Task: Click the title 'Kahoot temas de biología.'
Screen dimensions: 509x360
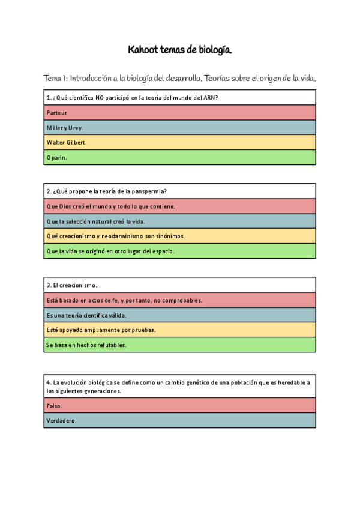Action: click(180, 50)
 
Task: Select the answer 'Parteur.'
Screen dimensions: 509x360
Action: click(57, 113)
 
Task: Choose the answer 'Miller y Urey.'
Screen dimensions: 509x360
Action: click(64, 128)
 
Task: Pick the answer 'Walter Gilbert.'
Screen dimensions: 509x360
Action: click(66, 143)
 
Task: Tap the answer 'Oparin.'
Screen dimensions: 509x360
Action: click(56, 158)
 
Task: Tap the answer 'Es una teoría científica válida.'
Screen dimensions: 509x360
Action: click(86, 315)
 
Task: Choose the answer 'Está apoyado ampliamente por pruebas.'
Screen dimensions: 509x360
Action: click(101, 330)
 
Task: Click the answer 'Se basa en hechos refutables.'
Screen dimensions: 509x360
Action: click(86, 345)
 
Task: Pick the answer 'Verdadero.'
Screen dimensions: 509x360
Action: click(61, 421)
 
